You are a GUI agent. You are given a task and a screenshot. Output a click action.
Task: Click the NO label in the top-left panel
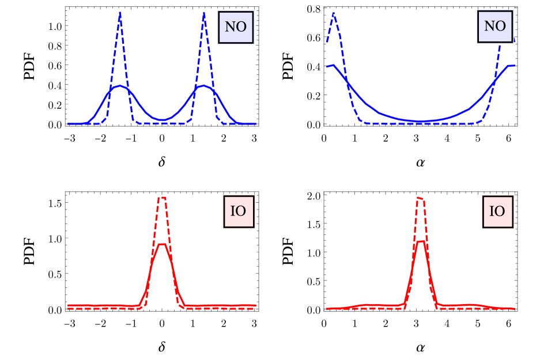(x=236, y=27)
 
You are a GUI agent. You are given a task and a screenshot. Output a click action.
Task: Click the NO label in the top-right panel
(x=495, y=26)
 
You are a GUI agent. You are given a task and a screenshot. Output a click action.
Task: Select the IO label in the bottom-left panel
(x=238, y=211)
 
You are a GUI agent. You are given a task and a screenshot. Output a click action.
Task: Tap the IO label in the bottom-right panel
(x=497, y=211)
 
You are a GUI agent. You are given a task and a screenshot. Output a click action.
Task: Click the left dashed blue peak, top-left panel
(x=120, y=12)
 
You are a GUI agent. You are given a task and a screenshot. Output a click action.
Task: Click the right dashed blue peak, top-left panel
(x=204, y=13)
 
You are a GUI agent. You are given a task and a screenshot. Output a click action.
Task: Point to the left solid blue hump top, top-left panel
(x=119, y=86)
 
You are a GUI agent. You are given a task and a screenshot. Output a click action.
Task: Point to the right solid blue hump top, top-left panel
(x=204, y=86)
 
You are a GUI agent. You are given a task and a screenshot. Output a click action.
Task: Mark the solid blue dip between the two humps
(x=163, y=120)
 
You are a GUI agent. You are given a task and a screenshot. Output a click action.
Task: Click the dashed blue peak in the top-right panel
(x=334, y=13)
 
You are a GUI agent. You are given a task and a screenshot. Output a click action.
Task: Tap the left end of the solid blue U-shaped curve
(x=327, y=67)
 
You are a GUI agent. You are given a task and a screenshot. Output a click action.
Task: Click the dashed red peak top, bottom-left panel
(x=163, y=198)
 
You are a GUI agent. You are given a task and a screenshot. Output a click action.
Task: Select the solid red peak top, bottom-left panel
(x=163, y=244)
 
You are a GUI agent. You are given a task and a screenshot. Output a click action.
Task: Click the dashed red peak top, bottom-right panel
(x=421, y=198)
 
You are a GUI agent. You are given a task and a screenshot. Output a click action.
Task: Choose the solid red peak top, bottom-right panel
(x=421, y=241)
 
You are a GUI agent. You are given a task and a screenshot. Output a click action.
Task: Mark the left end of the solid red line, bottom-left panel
(x=68, y=305)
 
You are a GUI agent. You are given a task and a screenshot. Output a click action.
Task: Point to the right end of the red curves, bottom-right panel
(x=514, y=308)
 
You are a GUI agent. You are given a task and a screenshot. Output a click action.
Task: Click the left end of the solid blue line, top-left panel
(x=68, y=124)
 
